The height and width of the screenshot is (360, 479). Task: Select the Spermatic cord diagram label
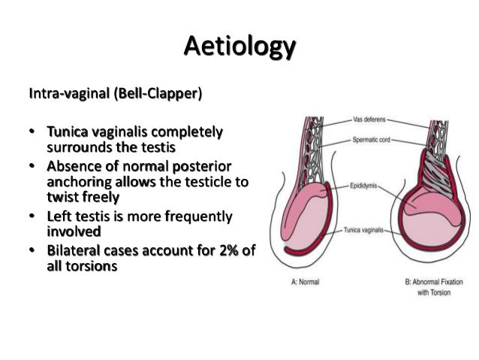[x=372, y=141]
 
